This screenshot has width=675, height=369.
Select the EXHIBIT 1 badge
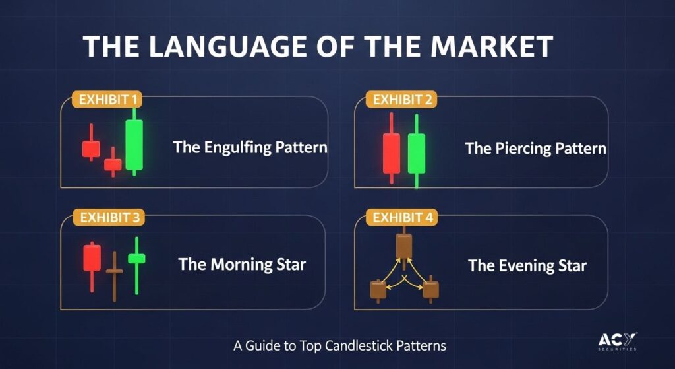click(x=106, y=100)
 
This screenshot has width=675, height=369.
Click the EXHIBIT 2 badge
click(x=401, y=100)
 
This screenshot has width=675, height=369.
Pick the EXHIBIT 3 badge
click(x=109, y=218)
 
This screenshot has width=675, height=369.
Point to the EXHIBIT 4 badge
click(x=401, y=218)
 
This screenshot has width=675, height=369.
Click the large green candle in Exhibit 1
click(x=134, y=143)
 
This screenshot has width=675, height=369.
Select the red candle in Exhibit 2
click(x=392, y=149)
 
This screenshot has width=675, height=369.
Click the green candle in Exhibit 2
click(x=417, y=152)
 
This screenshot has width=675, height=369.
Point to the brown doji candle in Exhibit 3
click(x=115, y=276)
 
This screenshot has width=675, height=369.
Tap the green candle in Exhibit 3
click(x=136, y=265)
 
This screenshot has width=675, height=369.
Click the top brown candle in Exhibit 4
click(x=404, y=246)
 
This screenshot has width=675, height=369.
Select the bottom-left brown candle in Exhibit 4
click(x=378, y=290)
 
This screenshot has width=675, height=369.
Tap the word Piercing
click(x=523, y=149)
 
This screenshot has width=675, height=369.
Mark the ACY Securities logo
click(x=617, y=341)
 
